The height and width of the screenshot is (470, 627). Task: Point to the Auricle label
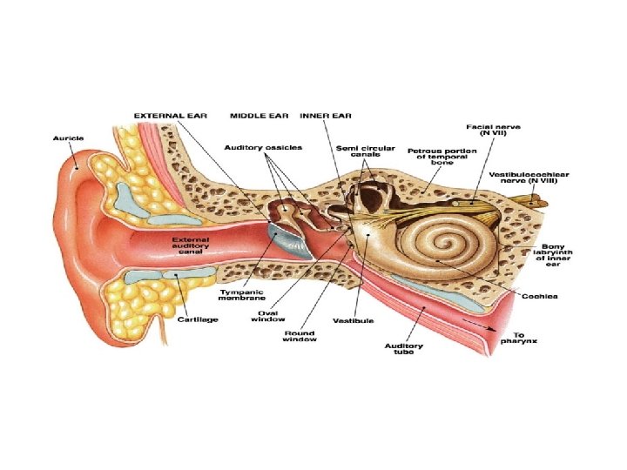(x=68, y=138)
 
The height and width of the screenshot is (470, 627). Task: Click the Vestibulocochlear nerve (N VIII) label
(x=529, y=178)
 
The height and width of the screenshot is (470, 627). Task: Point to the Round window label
(x=299, y=335)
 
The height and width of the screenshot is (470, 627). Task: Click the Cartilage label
(x=198, y=319)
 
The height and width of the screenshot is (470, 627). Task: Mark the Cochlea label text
(x=540, y=296)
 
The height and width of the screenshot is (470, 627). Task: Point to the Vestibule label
(x=354, y=320)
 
